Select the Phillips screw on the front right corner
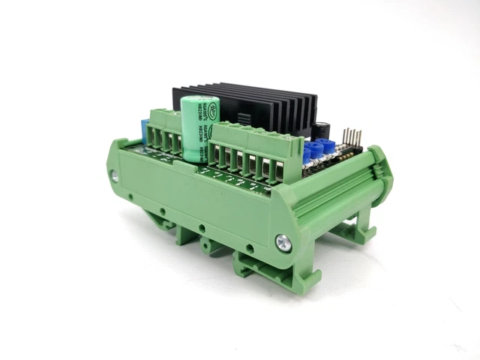pos(283,241)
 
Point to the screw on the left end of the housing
pos(115,175)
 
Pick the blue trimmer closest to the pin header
pos(327,145)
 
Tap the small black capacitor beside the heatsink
pos(321,127)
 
